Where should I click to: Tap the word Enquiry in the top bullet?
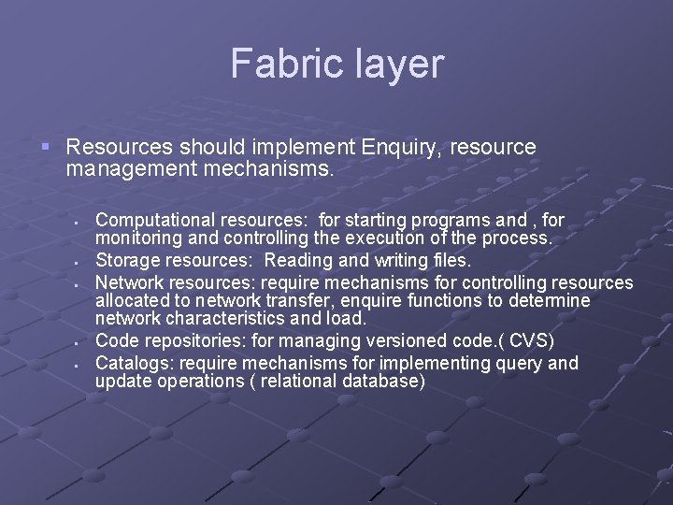point(400,147)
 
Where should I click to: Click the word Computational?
point(152,220)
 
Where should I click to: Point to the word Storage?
point(126,260)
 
